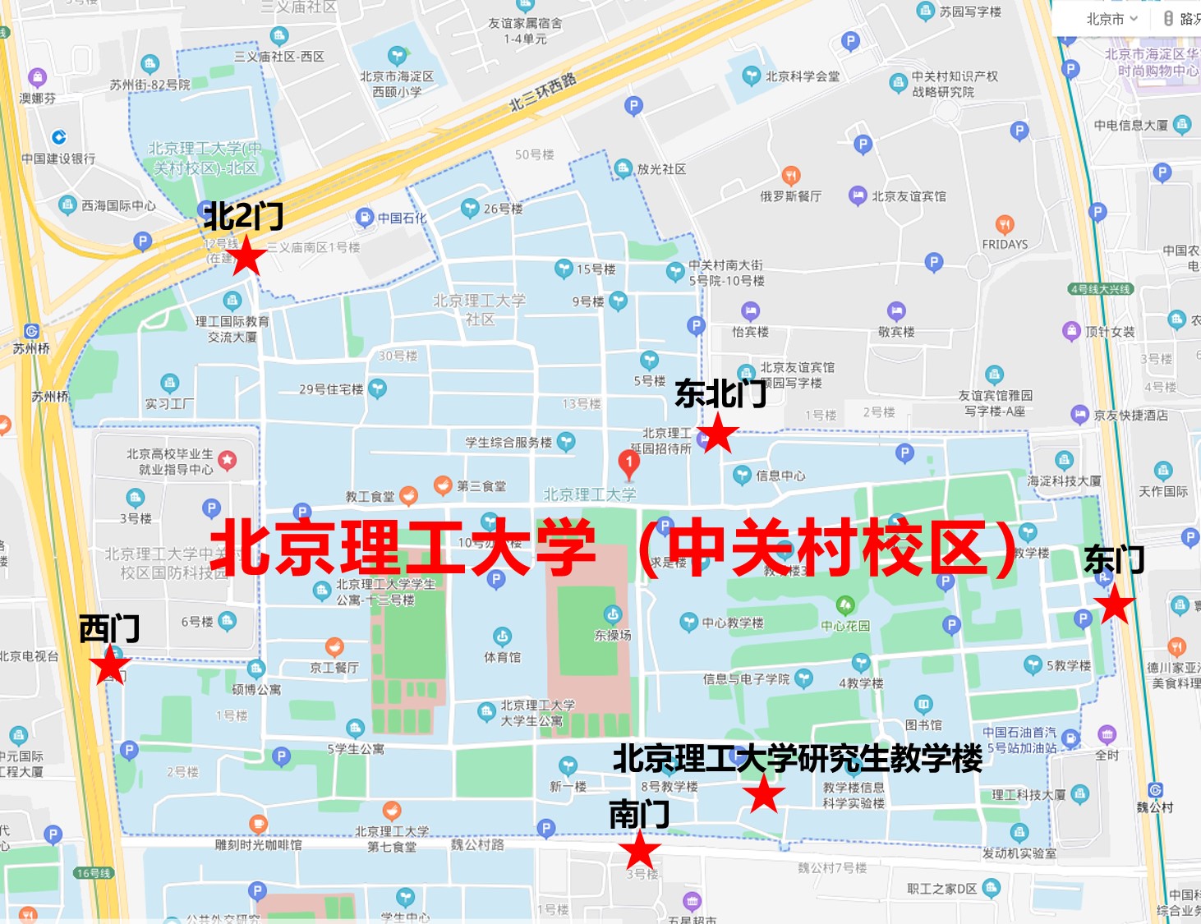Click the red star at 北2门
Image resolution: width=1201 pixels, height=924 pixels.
(x=246, y=258)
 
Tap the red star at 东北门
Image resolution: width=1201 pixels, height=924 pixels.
(x=718, y=433)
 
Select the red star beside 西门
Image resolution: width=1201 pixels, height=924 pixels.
(x=110, y=665)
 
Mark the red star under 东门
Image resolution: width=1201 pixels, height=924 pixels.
(x=1115, y=605)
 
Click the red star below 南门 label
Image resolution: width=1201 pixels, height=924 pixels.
(x=639, y=850)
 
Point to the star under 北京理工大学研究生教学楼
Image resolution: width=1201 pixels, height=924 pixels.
(x=764, y=794)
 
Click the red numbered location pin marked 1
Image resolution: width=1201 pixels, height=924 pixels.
(x=628, y=465)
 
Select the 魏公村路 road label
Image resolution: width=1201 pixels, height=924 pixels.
(x=477, y=844)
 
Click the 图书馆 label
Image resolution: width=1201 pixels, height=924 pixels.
(x=923, y=724)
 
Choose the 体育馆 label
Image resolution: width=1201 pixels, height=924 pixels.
(x=502, y=657)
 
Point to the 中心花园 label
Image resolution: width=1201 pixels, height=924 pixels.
(x=845, y=625)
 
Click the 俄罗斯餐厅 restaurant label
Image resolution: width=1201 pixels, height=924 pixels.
(x=790, y=196)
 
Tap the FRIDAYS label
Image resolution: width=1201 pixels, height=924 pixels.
(x=1005, y=244)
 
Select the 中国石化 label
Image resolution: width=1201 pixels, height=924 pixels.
(x=402, y=218)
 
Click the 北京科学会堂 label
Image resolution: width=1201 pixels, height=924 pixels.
(x=802, y=76)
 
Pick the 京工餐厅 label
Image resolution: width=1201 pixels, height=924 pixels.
(x=334, y=667)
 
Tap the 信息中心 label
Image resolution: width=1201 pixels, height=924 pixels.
(x=780, y=476)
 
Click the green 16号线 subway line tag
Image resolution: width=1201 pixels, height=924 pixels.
(x=93, y=873)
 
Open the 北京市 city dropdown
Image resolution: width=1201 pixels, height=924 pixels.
(x=1111, y=19)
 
